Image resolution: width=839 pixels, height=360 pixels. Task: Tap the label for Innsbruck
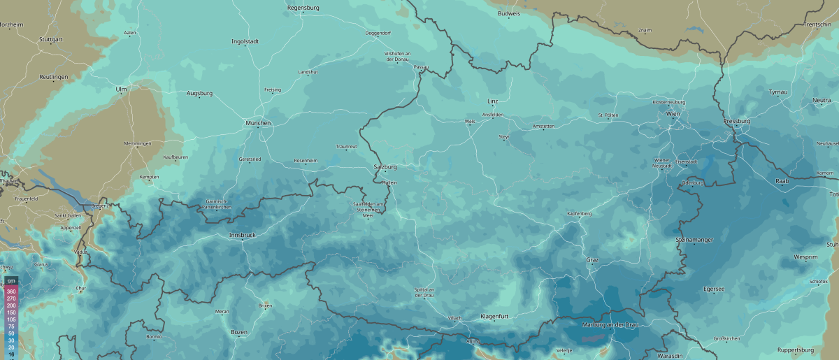pyautogui.click(x=243, y=236)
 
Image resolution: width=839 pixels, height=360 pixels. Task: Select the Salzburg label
pyautogui.click(x=386, y=167)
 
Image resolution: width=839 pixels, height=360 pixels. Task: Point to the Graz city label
pyautogui.click(x=592, y=260)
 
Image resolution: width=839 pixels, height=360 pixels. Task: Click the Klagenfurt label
pyautogui.click(x=495, y=317)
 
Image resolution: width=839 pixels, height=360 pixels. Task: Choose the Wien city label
pyautogui.click(x=673, y=113)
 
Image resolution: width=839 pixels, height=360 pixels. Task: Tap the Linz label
pyautogui.click(x=492, y=101)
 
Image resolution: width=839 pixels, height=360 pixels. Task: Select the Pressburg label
pyautogui.click(x=737, y=121)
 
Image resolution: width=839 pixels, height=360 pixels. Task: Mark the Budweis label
pyautogui.click(x=509, y=13)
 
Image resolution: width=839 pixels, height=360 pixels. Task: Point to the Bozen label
pyautogui.click(x=239, y=332)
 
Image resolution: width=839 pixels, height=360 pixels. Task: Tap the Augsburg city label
pyautogui.click(x=199, y=93)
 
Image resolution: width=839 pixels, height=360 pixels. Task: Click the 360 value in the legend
pyautogui.click(x=11, y=290)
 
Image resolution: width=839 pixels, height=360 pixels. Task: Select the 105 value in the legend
pyautogui.click(x=11, y=318)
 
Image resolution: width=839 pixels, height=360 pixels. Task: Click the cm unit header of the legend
pyautogui.click(x=11, y=281)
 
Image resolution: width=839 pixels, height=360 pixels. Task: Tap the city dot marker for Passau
pyautogui.click(x=421, y=73)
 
